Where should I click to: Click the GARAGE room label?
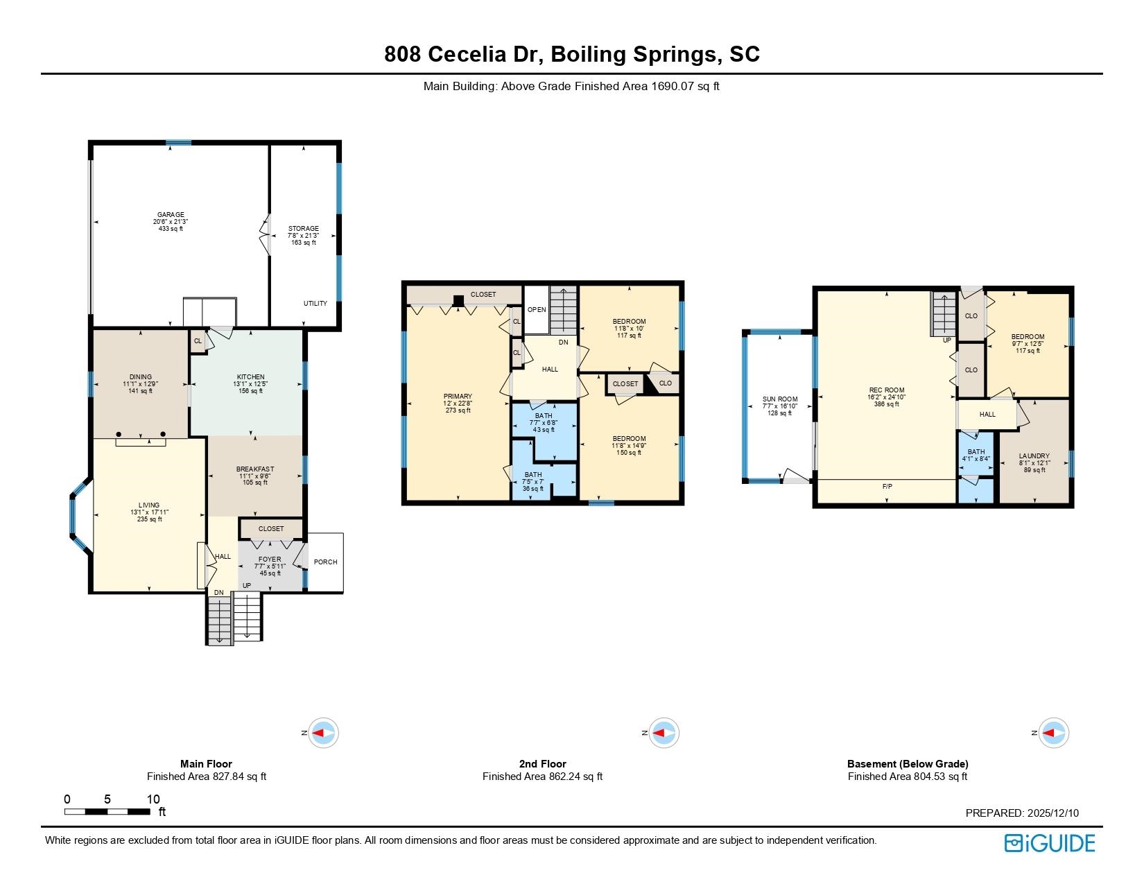coord(171,215)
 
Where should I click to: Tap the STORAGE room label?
coord(304,229)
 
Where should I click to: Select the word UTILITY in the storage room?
coord(315,304)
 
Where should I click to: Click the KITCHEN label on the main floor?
coord(250,377)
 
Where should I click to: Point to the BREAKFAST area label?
coord(255,469)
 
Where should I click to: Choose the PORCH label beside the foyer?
coord(325,562)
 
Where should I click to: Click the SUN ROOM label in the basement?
coord(780,399)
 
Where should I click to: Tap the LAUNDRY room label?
coord(1034,456)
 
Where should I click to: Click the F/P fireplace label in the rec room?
coord(887,487)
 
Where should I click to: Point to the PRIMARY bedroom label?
coord(458,397)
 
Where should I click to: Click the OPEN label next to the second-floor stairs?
coord(537,310)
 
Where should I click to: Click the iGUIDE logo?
coord(1050,843)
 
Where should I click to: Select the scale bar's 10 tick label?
coord(153,799)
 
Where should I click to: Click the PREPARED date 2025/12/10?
coord(1051,813)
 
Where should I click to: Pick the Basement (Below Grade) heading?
coord(908,764)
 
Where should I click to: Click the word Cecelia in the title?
coord(484,55)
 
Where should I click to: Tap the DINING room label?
coord(140,377)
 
